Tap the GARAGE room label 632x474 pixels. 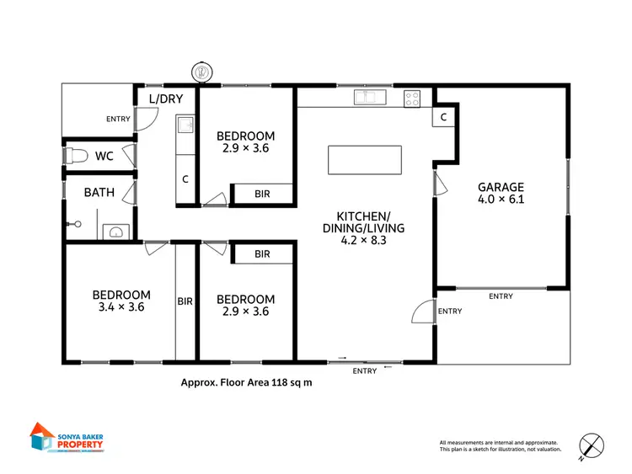coord(501,187)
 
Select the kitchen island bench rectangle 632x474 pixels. coord(365,159)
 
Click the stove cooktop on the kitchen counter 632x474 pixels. coord(412,98)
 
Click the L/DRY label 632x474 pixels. coord(165,99)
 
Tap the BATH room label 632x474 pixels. coord(99,192)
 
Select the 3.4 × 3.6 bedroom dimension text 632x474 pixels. coord(121,307)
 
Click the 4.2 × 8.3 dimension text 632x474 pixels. coord(365,240)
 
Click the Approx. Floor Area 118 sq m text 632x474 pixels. coord(245,381)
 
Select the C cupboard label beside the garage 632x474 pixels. coord(443,118)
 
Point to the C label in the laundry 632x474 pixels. coord(185,179)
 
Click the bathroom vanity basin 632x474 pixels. coord(117,232)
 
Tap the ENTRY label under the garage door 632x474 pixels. coord(501,296)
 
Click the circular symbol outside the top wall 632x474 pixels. coord(201,72)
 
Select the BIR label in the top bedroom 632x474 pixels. coord(262,194)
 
